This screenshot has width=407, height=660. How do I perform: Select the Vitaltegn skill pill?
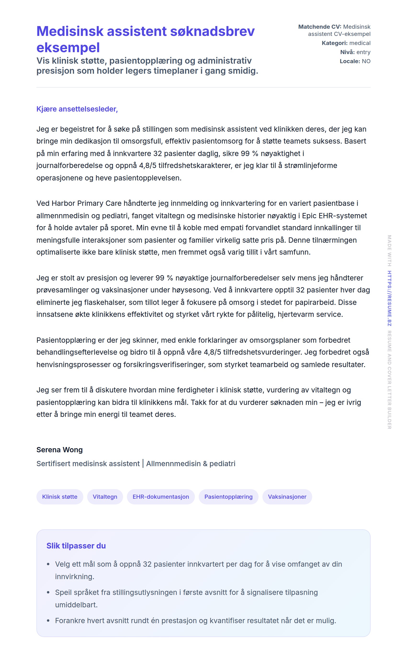click(x=105, y=497)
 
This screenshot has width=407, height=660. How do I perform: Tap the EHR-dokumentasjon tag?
click(x=161, y=497)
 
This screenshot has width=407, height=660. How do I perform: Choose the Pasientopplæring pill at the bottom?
click(x=228, y=497)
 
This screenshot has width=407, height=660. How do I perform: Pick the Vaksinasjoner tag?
click(x=287, y=497)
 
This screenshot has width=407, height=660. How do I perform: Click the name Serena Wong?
click(x=59, y=450)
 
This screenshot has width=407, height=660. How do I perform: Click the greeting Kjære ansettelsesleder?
click(x=77, y=109)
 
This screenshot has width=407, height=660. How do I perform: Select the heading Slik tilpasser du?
click(x=76, y=546)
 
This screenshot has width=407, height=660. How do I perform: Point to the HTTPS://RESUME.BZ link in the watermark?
click(x=389, y=298)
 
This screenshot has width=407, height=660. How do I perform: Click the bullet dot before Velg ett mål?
click(x=48, y=564)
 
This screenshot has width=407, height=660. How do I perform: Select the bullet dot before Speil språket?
click(x=48, y=593)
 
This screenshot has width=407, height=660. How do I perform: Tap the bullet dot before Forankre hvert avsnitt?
click(x=48, y=621)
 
